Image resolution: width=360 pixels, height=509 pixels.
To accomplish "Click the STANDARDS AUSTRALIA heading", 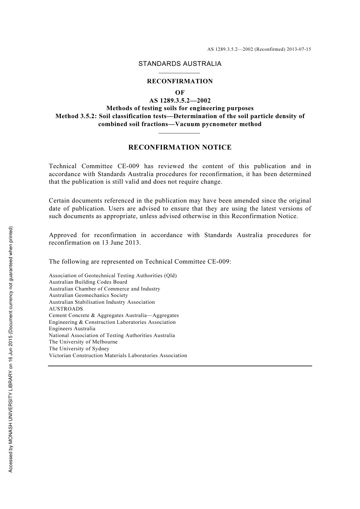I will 180,64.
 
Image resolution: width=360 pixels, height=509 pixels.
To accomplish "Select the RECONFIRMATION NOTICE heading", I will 180,147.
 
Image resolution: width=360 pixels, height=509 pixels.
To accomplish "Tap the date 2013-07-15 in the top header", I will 299,49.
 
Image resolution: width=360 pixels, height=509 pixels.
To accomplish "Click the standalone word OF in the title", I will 180,92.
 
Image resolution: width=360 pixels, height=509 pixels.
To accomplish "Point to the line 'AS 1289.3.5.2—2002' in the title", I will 180,100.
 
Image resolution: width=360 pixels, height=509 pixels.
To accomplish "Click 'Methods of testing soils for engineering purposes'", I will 180,108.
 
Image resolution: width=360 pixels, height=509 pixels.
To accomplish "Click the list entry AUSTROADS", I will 66,309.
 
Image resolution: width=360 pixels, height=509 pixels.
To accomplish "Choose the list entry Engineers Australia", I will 72,329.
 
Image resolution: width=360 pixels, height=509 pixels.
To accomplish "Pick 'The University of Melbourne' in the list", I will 83,342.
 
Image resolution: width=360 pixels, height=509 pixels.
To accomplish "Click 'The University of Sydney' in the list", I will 79,349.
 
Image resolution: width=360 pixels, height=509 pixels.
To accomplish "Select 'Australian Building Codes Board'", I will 88,282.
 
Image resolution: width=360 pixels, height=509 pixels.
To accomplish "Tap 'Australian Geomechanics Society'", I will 88,295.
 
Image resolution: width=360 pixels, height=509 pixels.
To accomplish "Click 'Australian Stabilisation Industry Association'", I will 102,302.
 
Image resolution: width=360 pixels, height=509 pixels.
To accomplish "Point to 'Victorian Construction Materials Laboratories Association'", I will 118,356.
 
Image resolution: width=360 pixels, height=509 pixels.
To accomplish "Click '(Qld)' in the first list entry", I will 170,276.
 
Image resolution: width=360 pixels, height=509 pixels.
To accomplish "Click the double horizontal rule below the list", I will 180,366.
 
